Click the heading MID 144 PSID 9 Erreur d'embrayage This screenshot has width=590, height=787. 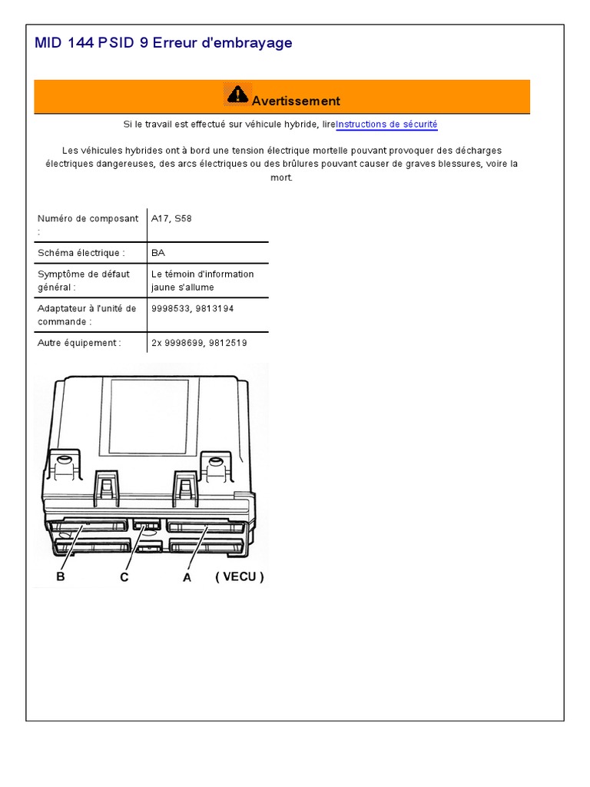[164, 43]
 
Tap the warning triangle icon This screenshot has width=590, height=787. [237, 95]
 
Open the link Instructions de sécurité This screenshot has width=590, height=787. [386, 125]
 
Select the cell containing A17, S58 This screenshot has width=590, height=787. [172, 219]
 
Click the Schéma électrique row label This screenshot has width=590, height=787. [81, 253]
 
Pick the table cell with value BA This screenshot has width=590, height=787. [158, 253]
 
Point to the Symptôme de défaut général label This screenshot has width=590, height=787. [84, 281]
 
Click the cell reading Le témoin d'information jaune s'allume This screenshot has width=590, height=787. [203, 281]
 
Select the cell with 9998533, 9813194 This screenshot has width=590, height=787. [193, 309]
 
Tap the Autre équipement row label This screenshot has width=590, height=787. [79, 343]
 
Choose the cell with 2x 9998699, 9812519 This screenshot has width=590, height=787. [200, 343]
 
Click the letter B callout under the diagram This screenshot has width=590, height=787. [61, 576]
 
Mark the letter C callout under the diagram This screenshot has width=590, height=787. [124, 578]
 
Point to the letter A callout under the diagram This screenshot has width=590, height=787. [187, 578]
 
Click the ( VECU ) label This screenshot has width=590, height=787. [240, 576]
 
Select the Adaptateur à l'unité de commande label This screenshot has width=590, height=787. [87, 314]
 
